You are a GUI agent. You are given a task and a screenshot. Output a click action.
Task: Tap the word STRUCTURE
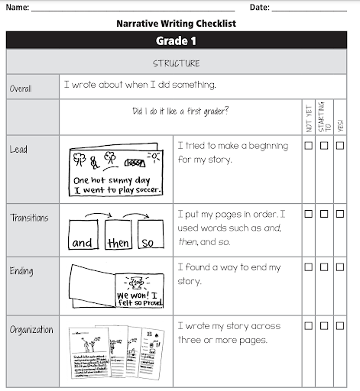point(176,63)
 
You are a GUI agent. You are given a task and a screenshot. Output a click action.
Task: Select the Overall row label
point(21,89)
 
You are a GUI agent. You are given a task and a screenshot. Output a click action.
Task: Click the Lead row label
point(18,150)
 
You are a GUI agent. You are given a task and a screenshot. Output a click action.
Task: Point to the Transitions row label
point(29,218)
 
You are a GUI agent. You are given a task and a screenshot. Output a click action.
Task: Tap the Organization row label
point(31,330)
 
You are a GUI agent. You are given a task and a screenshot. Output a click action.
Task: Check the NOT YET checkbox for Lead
point(309,146)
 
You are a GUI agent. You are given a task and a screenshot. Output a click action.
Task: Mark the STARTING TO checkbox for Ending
point(325,267)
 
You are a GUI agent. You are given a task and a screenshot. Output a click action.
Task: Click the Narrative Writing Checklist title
point(176,23)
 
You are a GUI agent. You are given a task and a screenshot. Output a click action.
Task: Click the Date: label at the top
point(260,7)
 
